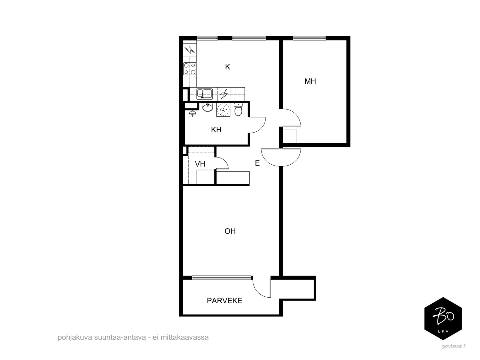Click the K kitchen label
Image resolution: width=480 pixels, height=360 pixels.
[x=227, y=67]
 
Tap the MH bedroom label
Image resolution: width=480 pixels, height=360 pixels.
[x=310, y=81]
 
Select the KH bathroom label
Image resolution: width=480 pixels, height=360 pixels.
[x=216, y=130]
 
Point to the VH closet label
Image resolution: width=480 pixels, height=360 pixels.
[x=200, y=164]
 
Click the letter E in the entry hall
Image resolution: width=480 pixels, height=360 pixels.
[x=257, y=163]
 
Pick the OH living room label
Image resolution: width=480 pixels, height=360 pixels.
[x=230, y=231]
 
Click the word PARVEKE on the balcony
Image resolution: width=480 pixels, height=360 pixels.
[x=224, y=301]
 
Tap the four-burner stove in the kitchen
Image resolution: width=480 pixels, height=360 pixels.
[x=190, y=69]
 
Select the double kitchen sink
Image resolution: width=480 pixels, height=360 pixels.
[x=205, y=94]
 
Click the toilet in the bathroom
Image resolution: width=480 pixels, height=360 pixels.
[x=238, y=109]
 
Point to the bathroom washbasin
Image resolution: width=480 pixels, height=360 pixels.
[x=208, y=107]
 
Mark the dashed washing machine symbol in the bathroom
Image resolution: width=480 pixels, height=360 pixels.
[x=223, y=110]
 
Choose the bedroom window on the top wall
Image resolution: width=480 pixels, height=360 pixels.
[x=309, y=38]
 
